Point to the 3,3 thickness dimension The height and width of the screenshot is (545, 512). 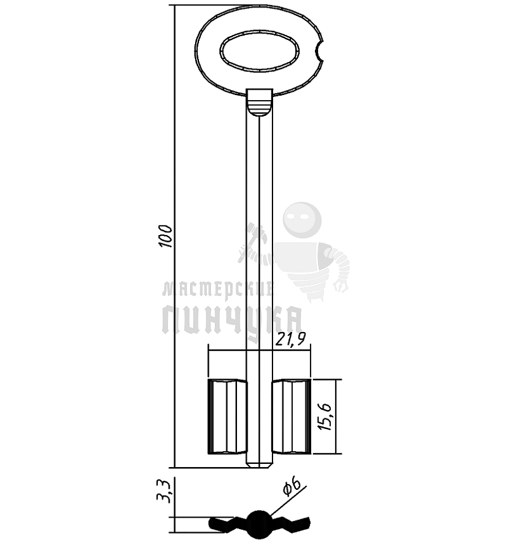click(163, 490)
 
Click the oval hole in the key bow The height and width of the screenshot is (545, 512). click(259, 52)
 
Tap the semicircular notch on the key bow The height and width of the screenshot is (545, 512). click(319, 53)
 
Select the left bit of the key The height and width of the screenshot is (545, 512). click(227, 417)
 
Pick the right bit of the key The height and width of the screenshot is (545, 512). click(291, 417)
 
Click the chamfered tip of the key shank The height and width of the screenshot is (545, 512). click(259, 464)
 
